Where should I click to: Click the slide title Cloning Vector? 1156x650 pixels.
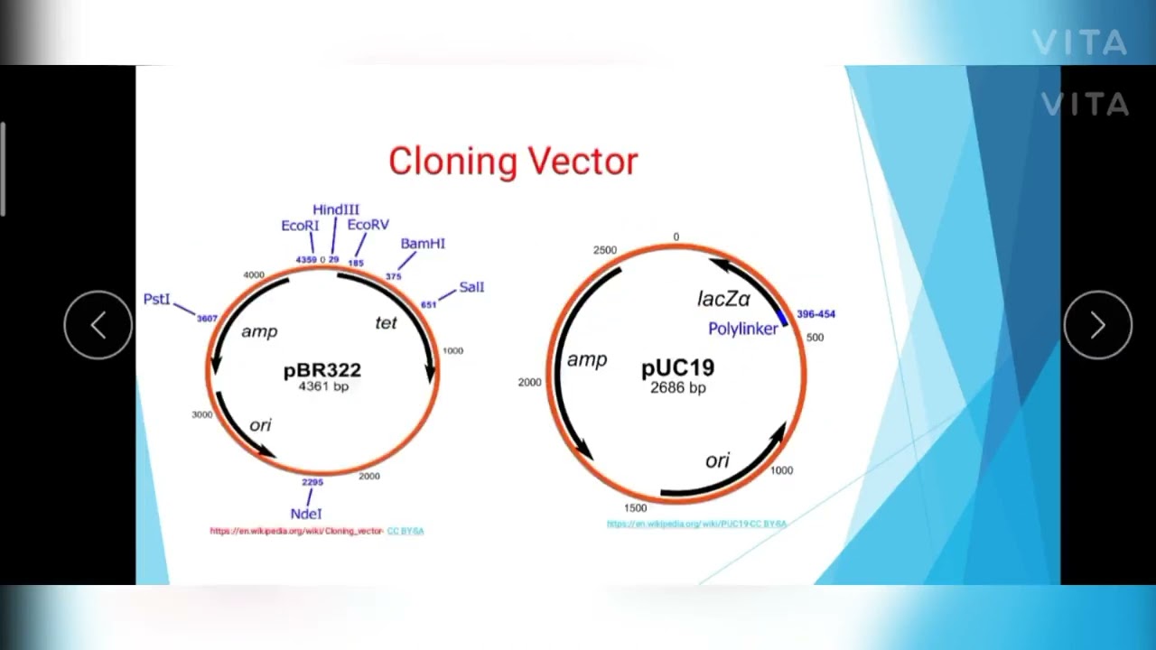pyautogui.click(x=513, y=162)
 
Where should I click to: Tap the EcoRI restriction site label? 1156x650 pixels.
pyautogui.click(x=300, y=226)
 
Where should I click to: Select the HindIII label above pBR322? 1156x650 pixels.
pyautogui.click(x=336, y=209)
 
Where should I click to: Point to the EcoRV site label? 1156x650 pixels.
pyautogui.click(x=368, y=225)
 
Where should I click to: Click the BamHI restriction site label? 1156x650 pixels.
pyautogui.click(x=423, y=244)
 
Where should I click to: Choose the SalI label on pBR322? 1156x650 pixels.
pyautogui.click(x=471, y=287)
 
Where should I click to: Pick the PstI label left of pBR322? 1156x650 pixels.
pyautogui.click(x=156, y=299)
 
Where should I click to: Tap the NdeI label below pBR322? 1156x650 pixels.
pyautogui.click(x=306, y=514)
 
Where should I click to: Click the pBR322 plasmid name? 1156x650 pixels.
pyautogui.click(x=322, y=370)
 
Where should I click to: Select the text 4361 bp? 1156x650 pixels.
pyautogui.click(x=323, y=386)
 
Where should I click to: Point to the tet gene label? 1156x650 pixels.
pyautogui.click(x=386, y=322)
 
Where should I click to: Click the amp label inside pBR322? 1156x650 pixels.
pyautogui.click(x=259, y=331)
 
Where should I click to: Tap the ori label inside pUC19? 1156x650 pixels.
pyautogui.click(x=717, y=460)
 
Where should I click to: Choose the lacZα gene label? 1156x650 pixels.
pyautogui.click(x=723, y=299)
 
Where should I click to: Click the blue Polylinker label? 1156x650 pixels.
pyautogui.click(x=742, y=329)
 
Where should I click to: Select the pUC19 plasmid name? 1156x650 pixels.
pyautogui.click(x=677, y=368)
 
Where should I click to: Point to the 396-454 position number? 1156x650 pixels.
pyautogui.click(x=816, y=314)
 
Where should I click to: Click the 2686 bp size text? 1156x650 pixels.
pyautogui.click(x=678, y=387)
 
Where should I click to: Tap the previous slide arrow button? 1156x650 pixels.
pyautogui.click(x=98, y=326)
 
